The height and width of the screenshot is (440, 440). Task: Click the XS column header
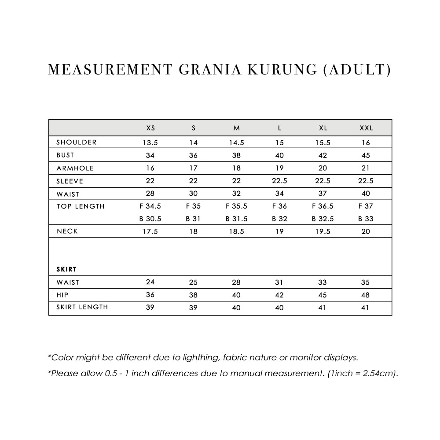pos(150,128)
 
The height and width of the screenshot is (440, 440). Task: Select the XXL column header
pos(366,128)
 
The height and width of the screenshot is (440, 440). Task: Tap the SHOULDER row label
pos(77,143)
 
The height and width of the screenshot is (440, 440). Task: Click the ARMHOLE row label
pos(75,168)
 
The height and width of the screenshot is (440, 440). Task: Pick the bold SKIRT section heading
pos(67,269)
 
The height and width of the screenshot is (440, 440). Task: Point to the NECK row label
pos(67,231)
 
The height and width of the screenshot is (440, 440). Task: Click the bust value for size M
pos(236,155)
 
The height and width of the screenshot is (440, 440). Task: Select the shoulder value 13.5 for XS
pos(150,143)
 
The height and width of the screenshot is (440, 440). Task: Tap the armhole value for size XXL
pos(366,168)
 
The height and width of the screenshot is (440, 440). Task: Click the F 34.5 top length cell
pos(150,206)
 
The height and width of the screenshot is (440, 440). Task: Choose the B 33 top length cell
pos(366,219)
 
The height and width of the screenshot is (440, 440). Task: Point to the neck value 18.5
pos(236,231)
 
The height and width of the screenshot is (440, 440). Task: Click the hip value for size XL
pos(323,295)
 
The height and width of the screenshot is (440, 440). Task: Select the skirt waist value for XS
pos(150,282)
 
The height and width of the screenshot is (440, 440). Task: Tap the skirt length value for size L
pos(279,308)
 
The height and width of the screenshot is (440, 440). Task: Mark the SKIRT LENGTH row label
pos(82,307)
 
